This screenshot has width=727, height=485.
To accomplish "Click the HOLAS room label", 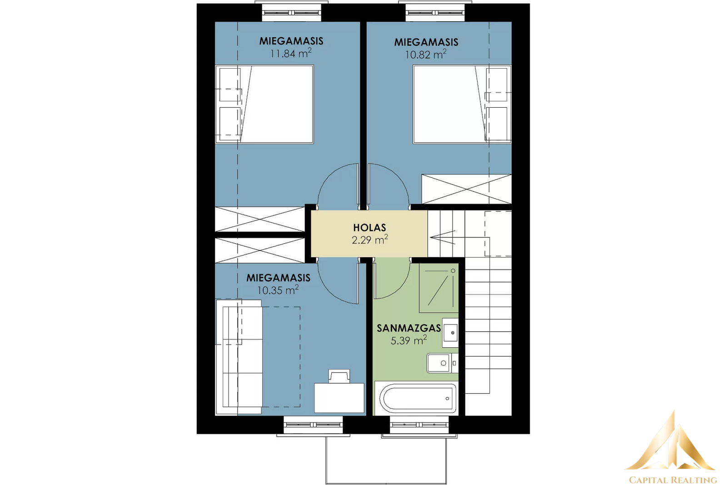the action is coord(369,227).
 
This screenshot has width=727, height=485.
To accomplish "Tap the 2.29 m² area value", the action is coord(370,240).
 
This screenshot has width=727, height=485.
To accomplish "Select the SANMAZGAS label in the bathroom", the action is coord(408,328).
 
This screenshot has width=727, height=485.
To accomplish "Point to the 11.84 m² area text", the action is coord(291,53).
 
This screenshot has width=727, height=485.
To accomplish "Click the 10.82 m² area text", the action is coord(425,54).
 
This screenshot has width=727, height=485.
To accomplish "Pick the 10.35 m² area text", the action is coord(278,290).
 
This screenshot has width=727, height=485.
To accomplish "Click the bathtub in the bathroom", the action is coord(416,398).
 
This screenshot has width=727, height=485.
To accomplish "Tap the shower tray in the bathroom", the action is coord(438,288).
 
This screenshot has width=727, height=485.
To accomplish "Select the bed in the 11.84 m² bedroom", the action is coord(264,104).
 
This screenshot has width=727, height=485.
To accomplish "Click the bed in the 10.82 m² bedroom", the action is coord(462,104).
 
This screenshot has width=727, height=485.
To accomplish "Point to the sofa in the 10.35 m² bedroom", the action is coord(239,357).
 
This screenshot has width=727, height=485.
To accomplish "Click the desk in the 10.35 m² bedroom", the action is coord(339,398).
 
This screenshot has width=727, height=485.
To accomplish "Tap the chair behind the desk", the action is coord(339,376).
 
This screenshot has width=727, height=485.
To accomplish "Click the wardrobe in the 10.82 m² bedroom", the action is coord(466,189).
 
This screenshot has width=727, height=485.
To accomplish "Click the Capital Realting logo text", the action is coord(673,480).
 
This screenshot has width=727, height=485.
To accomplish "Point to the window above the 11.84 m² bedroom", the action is coord(291,13).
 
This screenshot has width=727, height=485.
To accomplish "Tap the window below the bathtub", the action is coord(419,425).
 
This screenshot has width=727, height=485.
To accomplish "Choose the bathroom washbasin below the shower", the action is coord(450,333).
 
